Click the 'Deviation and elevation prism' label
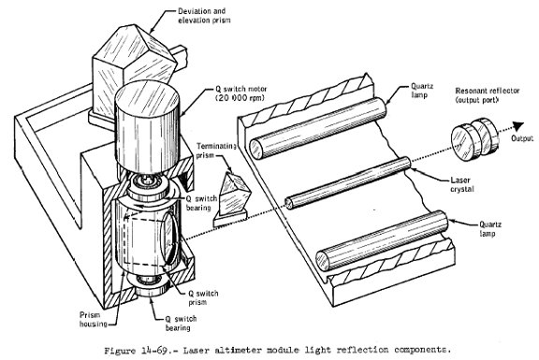[204, 16]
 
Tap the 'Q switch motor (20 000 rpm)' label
[241, 94]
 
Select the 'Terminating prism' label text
[216, 151]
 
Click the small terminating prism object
[232, 199]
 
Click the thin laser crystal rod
[348, 182]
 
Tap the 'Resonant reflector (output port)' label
[488, 95]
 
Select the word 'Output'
[522, 138]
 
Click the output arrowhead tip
[523, 122]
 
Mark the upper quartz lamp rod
[318, 128]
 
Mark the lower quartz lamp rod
[382, 241]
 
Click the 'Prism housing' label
[94, 320]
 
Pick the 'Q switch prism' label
[203, 298]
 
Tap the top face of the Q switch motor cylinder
[148, 95]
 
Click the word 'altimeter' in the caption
[240, 351]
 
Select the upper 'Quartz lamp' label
[422, 91]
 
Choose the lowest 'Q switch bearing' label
[181, 324]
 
